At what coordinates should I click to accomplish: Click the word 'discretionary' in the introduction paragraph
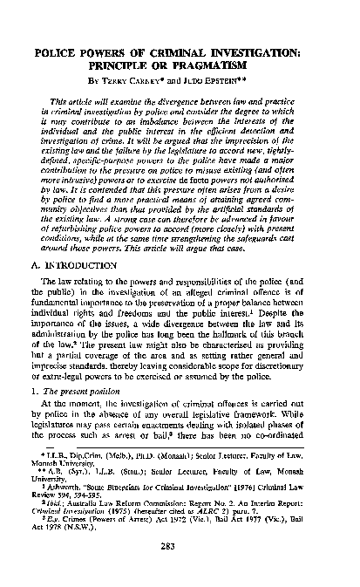tap(282, 361)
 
